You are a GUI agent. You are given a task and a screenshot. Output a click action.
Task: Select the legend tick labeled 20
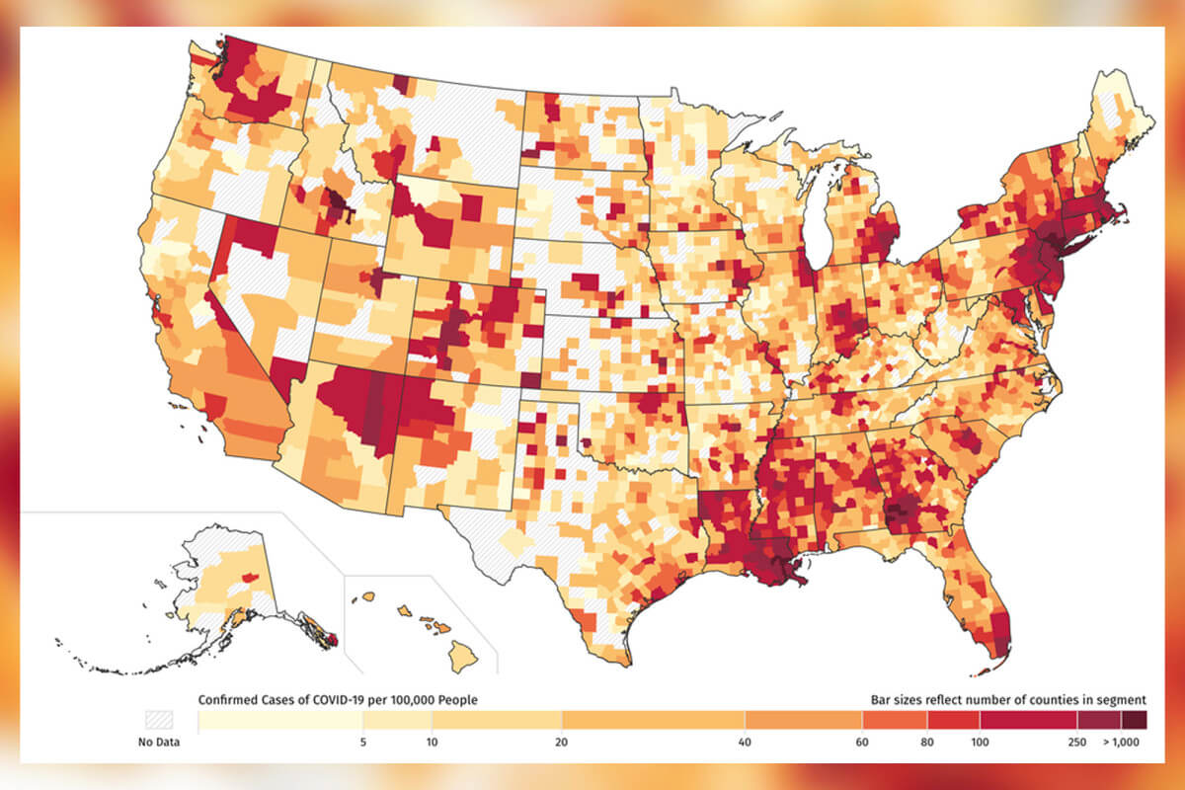click(x=561, y=743)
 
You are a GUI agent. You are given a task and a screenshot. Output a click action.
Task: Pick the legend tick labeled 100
click(x=977, y=743)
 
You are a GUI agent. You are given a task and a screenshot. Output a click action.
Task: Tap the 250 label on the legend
click(x=1075, y=743)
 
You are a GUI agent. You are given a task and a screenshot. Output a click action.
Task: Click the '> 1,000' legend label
click(x=1121, y=743)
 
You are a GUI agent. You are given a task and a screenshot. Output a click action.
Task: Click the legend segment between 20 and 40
click(x=653, y=721)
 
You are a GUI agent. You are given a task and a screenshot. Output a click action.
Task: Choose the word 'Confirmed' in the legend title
click(x=230, y=700)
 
